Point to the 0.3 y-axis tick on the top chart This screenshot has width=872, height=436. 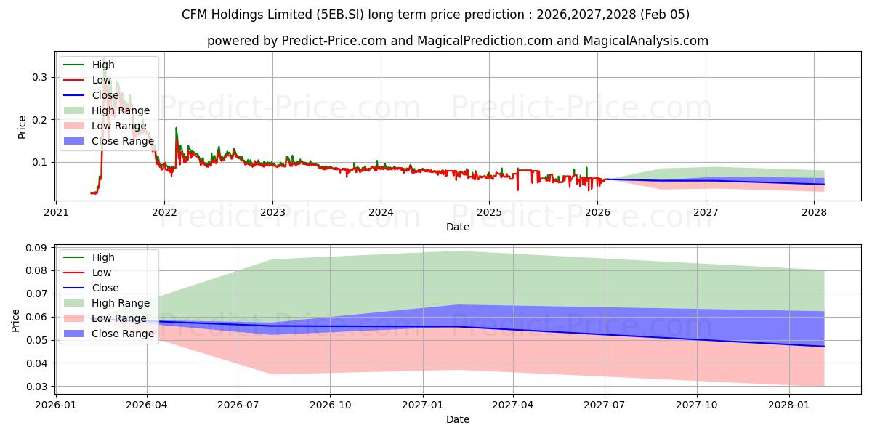[40, 77]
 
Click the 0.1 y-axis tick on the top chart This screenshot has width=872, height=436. [40, 162]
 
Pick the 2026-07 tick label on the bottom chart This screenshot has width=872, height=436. [238, 405]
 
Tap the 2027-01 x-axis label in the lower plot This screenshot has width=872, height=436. [422, 405]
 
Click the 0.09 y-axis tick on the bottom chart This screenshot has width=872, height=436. [36, 248]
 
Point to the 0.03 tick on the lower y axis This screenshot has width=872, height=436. [36, 387]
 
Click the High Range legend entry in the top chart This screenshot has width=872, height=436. [121, 110]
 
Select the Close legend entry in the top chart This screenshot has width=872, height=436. [106, 95]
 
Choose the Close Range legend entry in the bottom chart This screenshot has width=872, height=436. [122, 334]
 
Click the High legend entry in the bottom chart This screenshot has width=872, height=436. [103, 257]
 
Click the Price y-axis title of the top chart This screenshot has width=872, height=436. [22, 127]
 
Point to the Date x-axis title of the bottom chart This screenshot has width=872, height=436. [458, 419]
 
